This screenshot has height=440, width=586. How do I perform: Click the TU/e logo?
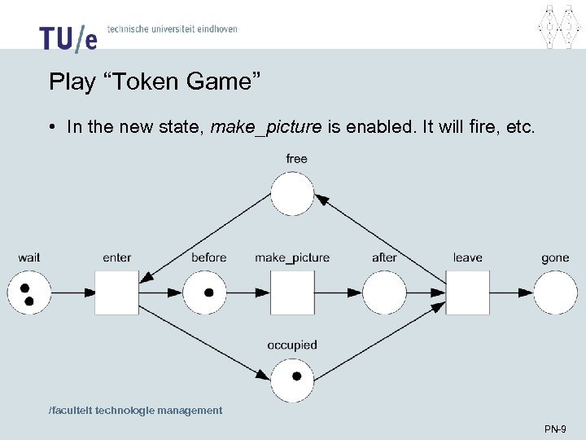point(68,37)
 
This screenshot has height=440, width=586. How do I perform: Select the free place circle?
point(292,195)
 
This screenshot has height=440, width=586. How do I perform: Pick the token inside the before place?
point(209,292)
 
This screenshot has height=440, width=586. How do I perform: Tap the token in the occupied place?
point(296,376)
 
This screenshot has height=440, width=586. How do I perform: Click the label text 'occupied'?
point(292,345)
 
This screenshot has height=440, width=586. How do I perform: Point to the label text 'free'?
point(297,158)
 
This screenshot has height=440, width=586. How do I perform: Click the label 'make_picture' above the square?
point(292,257)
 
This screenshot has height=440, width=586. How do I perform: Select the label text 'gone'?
point(555,257)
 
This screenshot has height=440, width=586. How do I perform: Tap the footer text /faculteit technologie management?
point(135,411)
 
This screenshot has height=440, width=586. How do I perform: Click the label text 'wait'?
point(29,257)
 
